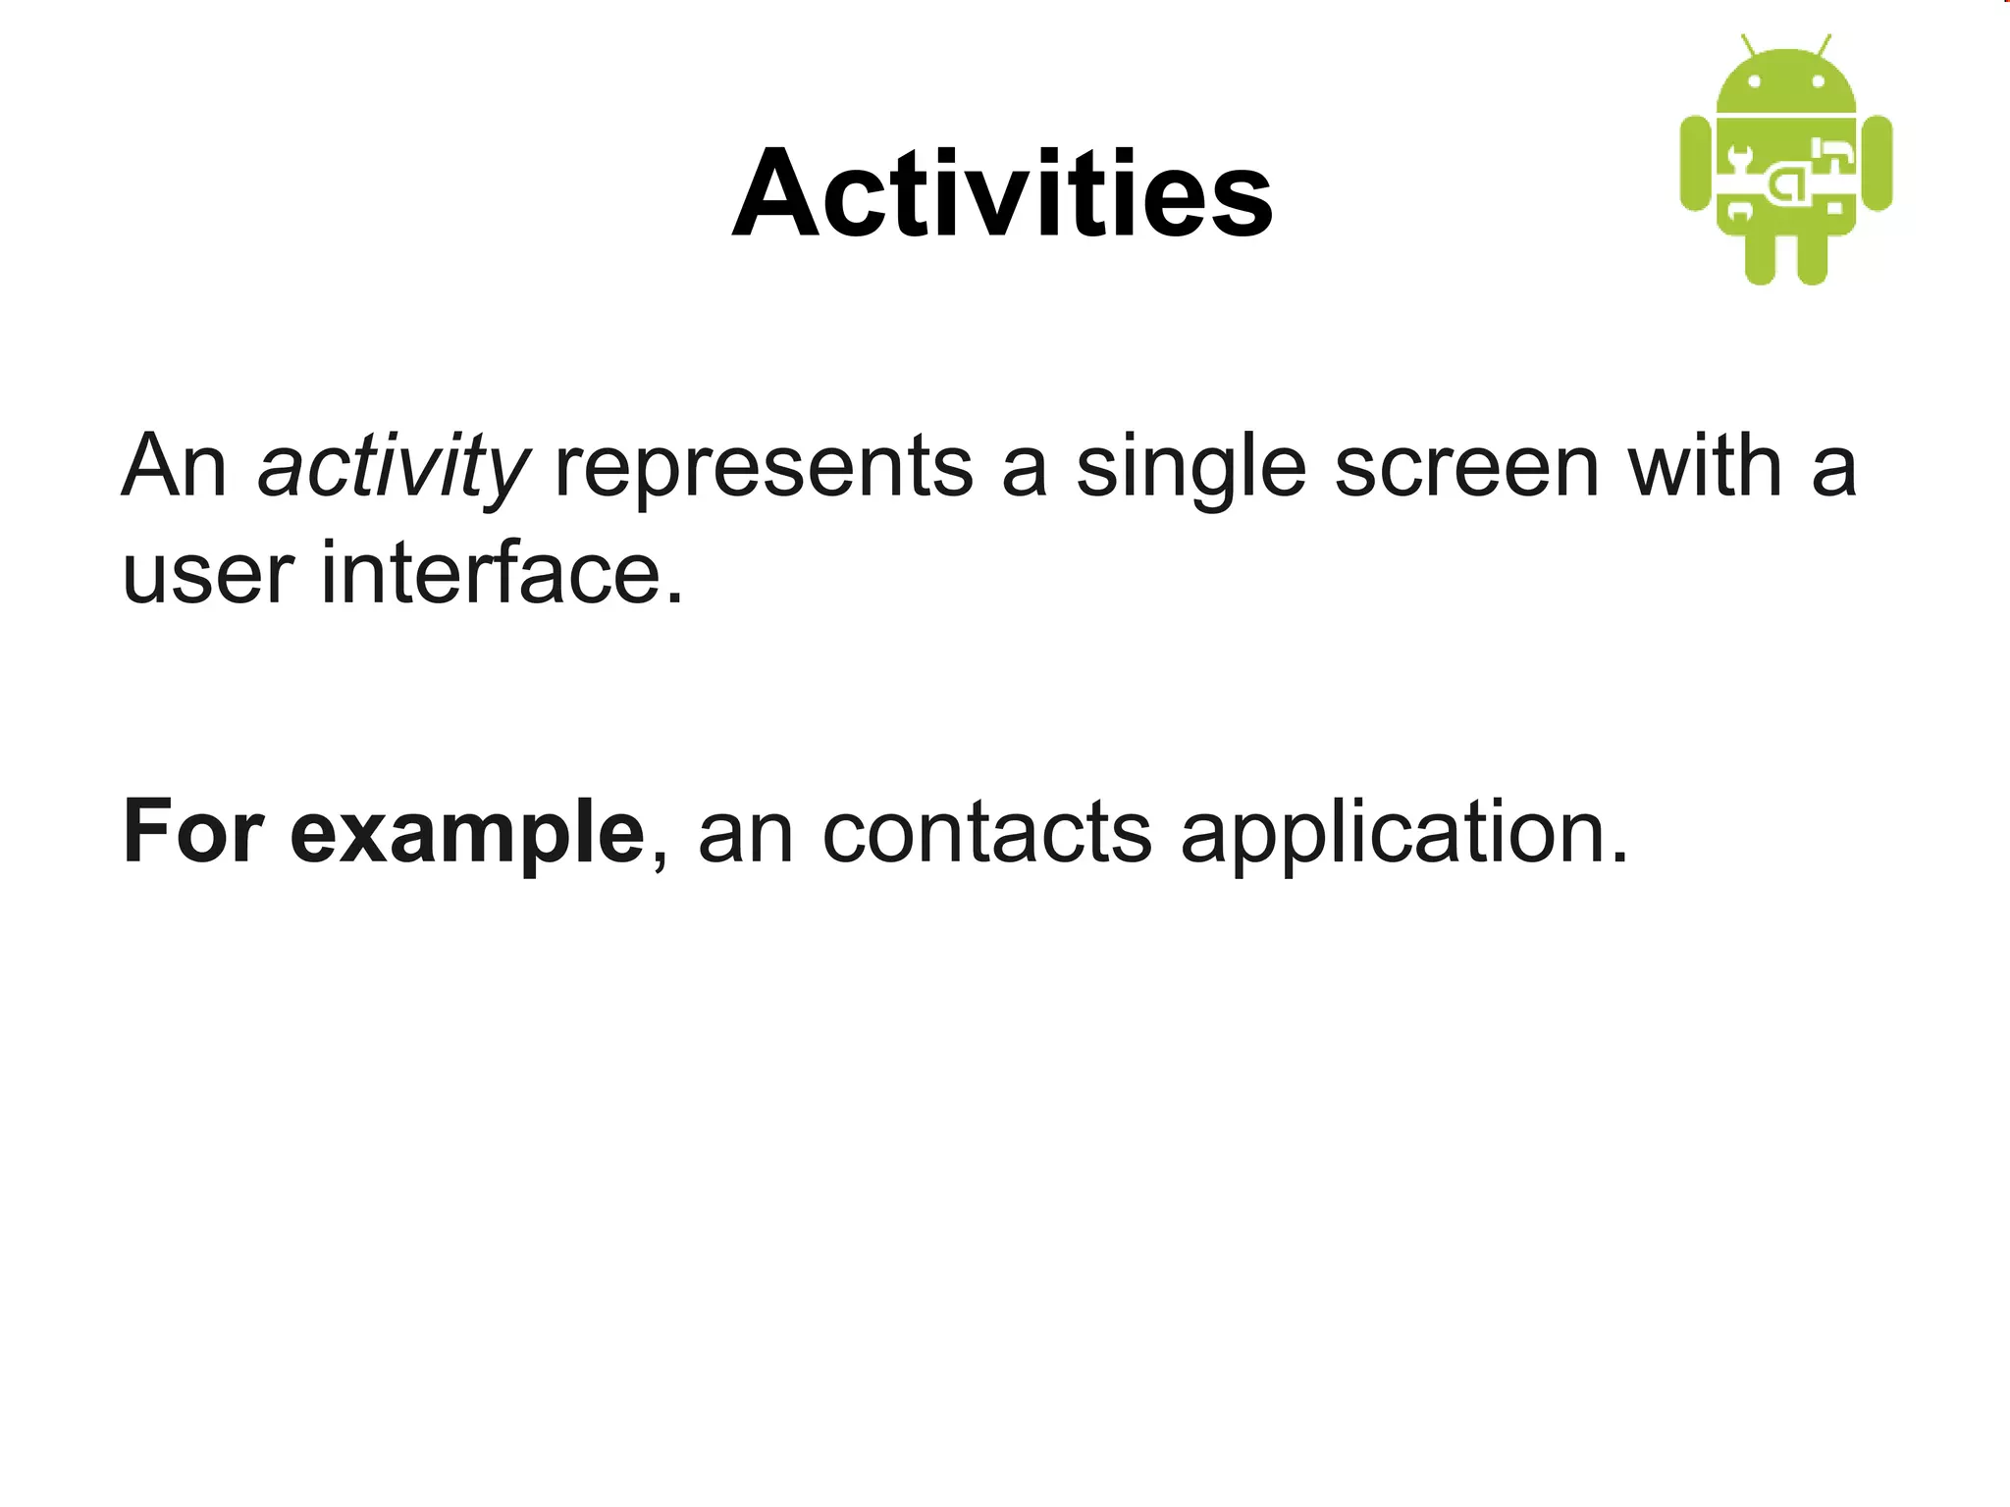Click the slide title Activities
click(1002, 193)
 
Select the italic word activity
click(394, 468)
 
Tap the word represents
click(765, 468)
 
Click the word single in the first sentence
click(1190, 468)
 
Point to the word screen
click(1467, 468)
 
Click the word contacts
click(987, 833)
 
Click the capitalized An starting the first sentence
click(174, 468)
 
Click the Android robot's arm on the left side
click(1696, 163)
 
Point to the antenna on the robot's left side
click(1749, 46)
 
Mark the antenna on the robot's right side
click(1824, 46)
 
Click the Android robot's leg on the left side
click(1761, 259)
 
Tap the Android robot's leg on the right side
click(1812, 259)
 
